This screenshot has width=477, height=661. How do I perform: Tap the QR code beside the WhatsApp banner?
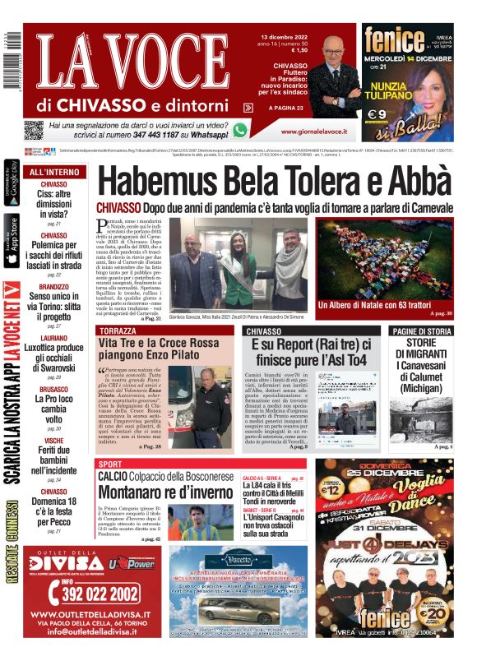(34, 129)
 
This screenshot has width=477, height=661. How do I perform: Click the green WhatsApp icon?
(240, 129)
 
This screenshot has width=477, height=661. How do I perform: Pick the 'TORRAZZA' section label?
(118, 330)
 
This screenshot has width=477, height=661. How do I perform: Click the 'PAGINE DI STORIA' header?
(421, 330)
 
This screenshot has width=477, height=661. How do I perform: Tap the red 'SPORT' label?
(110, 465)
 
